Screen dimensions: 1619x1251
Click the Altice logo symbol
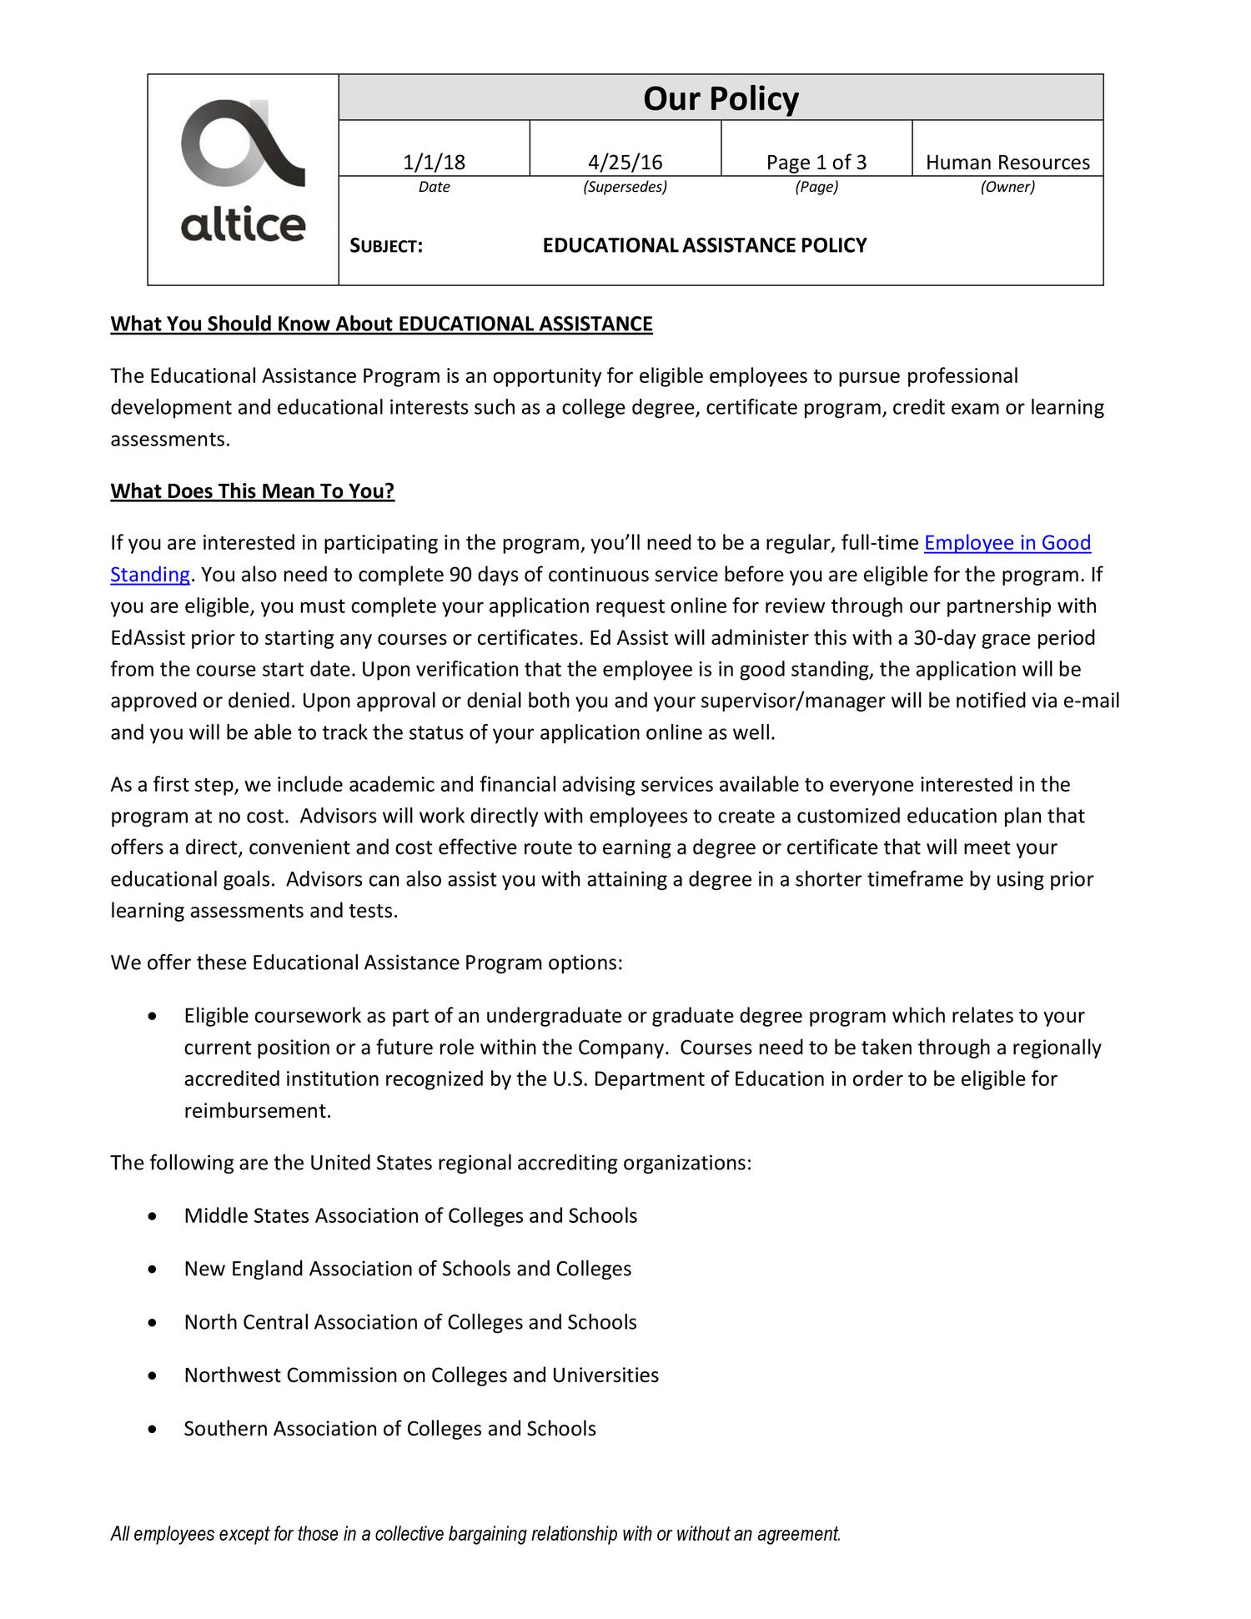pyautogui.click(x=242, y=143)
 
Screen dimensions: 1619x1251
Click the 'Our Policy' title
pyautogui.click(x=721, y=98)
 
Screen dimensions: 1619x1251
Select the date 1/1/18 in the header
pyautogui.click(x=434, y=162)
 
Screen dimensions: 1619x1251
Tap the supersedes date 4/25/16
pyautogui.click(x=625, y=162)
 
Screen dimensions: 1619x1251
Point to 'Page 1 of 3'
pyautogui.click(x=816, y=162)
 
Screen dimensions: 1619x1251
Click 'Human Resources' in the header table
pyautogui.click(x=1007, y=162)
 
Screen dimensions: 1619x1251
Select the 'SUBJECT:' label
pyautogui.click(x=385, y=246)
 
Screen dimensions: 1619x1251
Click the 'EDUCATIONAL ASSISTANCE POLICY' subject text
pyautogui.click(x=705, y=245)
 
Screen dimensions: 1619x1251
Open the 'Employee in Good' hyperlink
pyautogui.click(x=1007, y=543)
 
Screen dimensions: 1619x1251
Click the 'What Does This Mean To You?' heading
pyautogui.click(x=252, y=490)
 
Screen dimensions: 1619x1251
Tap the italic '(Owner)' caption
pyautogui.click(x=1007, y=187)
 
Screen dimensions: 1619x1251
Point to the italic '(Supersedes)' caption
pyautogui.click(x=625, y=187)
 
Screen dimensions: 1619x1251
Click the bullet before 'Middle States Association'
pyautogui.click(x=151, y=1217)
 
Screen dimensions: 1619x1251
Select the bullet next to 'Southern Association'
pyautogui.click(x=151, y=1430)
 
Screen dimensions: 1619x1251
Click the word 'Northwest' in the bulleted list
pyautogui.click(x=232, y=1375)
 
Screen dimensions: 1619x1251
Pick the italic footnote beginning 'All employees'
pyautogui.click(x=475, y=1534)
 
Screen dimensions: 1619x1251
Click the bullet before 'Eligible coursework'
pyautogui.click(x=151, y=1017)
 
